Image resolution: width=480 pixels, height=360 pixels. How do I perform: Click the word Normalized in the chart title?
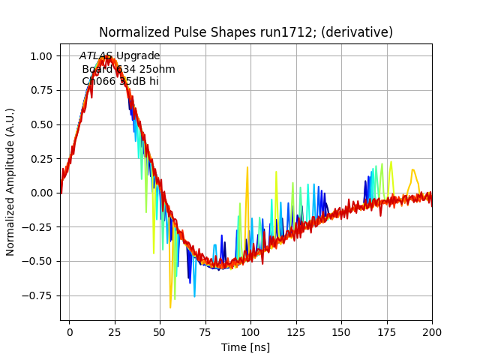(130, 33)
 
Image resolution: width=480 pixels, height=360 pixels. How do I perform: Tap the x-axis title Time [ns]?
(245, 347)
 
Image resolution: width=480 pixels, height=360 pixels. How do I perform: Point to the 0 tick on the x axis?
(70, 331)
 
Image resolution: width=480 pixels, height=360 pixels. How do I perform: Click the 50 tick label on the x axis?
(160, 331)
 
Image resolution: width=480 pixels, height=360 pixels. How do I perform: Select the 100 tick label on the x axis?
(250, 331)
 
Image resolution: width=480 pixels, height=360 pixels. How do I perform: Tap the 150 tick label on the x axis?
(341, 331)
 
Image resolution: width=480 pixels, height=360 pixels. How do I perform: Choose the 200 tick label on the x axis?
(432, 331)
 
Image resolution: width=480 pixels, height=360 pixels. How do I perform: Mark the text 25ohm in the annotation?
(159, 69)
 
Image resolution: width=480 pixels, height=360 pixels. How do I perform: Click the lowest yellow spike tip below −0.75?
(170, 307)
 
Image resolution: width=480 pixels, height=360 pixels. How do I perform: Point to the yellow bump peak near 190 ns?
(412, 169)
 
